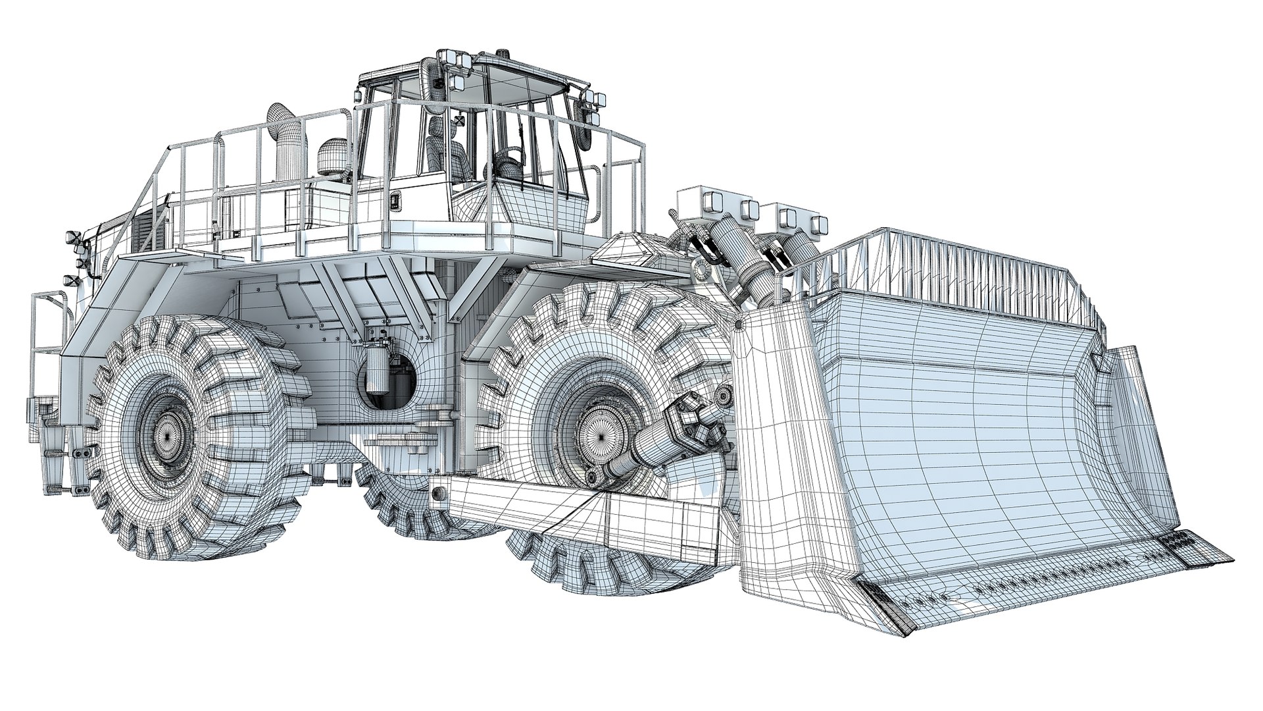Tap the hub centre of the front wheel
[x=599, y=434]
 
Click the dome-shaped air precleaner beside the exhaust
[x=332, y=155]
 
